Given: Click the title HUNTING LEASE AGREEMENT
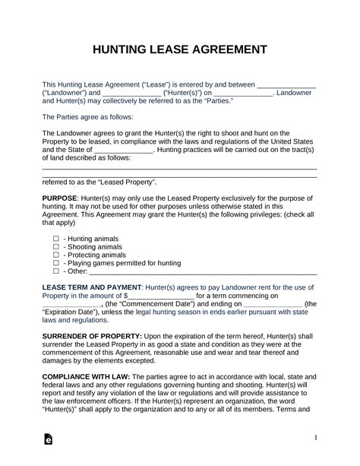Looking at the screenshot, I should point(179,49).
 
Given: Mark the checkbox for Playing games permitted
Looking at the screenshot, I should point(55,263).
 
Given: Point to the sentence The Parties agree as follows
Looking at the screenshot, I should point(87,118).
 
